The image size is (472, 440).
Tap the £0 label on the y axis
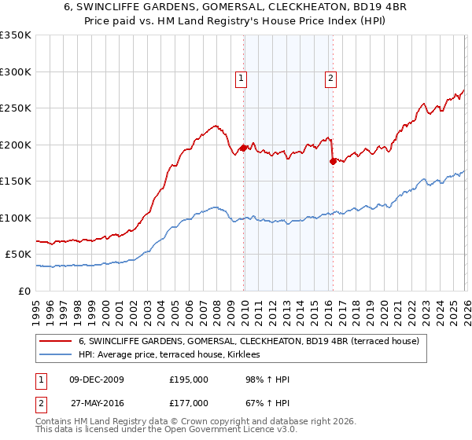coord(25,291)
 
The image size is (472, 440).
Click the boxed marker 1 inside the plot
coord(241,78)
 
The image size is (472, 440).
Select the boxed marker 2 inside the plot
coord(330,78)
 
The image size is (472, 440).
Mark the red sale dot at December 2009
coord(243,148)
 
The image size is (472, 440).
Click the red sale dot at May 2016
coord(333,161)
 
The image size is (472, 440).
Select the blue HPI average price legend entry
coord(175,355)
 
